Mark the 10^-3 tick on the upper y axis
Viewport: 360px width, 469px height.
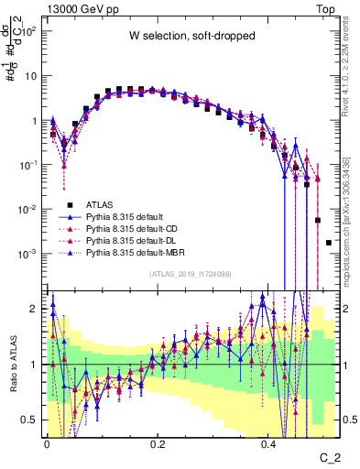click(28, 253)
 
